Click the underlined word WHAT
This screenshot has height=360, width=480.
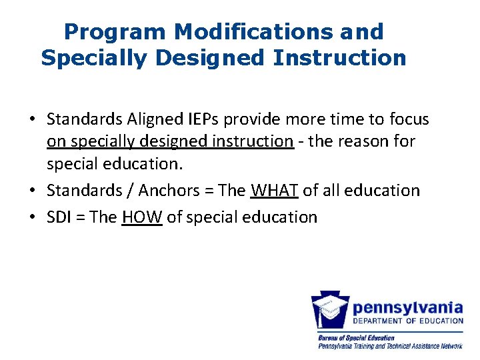[274, 191]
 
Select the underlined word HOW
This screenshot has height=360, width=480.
[142, 217]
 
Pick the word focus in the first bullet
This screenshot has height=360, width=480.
[407, 119]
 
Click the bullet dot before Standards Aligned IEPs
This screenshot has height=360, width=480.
[32, 120]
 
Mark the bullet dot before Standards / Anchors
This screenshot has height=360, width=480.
[32, 191]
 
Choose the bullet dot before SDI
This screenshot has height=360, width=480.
[32, 218]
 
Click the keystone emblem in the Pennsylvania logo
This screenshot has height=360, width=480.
[331, 311]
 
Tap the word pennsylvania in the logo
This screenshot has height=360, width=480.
[407, 308]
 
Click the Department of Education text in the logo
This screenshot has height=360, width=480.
[407, 321]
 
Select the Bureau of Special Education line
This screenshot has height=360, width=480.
[356, 338]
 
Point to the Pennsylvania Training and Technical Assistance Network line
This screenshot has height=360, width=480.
[390, 346]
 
